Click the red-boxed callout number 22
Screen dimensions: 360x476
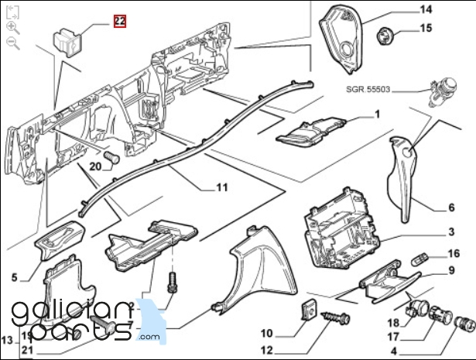click(x=120, y=22)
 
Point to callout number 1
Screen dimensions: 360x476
click(x=377, y=115)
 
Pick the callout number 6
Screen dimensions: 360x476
click(x=451, y=207)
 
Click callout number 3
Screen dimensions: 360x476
click(x=451, y=232)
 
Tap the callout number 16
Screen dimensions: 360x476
click(x=454, y=253)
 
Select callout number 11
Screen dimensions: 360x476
click(x=221, y=187)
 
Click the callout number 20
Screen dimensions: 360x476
click(x=95, y=166)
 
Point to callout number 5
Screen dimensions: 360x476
click(x=14, y=276)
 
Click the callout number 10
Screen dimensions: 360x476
click(x=266, y=334)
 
